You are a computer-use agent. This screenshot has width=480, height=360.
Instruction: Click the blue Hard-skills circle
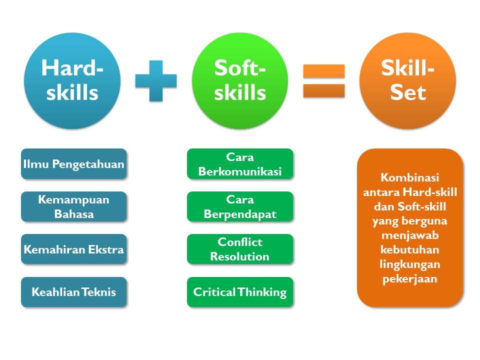pos(72,80)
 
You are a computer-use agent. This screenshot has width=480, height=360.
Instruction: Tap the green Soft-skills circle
pos(240,80)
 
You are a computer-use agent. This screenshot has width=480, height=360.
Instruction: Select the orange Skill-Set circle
pos(407,80)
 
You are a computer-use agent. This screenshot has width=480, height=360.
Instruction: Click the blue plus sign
pos(156,80)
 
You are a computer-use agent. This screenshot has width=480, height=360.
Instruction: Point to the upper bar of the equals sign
pos(324,71)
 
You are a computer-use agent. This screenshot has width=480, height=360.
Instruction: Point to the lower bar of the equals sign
pos(324,90)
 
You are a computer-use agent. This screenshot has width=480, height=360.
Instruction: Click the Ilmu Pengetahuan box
pos(74,163)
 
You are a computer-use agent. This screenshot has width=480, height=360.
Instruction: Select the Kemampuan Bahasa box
pos(74,206)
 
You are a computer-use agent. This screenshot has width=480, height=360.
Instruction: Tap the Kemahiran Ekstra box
pos(74,249)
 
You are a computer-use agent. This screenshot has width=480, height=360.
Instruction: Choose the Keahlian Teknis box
pos(74,292)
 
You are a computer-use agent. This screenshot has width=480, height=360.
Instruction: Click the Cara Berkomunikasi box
pos(240,163)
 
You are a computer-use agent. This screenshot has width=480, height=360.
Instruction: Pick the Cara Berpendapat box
pos(240,206)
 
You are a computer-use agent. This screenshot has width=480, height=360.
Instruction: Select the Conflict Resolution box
pos(240,249)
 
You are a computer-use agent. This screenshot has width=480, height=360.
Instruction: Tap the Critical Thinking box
pos(240,292)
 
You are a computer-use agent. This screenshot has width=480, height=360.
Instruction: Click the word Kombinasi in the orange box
pos(409,177)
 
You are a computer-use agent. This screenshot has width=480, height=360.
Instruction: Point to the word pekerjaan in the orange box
pos(409,279)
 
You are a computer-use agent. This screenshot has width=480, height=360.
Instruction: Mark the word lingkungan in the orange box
pos(409,264)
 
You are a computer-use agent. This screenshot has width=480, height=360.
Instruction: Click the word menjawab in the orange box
pos(409,235)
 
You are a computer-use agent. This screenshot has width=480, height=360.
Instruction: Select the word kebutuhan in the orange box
pos(409,250)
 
